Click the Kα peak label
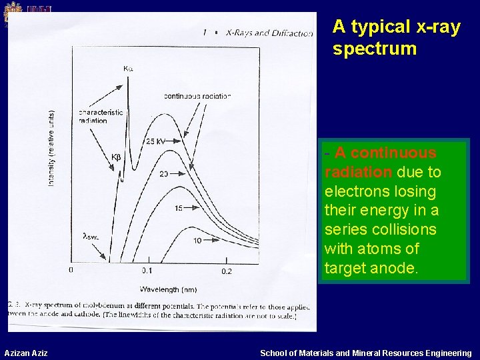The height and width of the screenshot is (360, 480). pyautogui.click(x=127, y=68)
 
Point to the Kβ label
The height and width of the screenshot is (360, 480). pyautogui.click(x=116, y=157)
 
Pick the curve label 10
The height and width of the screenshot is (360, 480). pyautogui.click(x=197, y=240)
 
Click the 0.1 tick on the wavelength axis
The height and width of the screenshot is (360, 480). pyautogui.click(x=147, y=271)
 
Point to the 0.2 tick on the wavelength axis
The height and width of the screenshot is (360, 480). pyautogui.click(x=226, y=271)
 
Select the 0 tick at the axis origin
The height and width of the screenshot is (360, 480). pyautogui.click(x=71, y=270)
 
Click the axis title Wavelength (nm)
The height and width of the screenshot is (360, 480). pyautogui.click(x=168, y=289)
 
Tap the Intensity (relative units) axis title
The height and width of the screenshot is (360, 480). pyautogui.click(x=52, y=148)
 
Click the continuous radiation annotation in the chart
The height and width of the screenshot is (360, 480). pyautogui.click(x=197, y=96)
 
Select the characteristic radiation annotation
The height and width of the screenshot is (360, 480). pyautogui.click(x=101, y=116)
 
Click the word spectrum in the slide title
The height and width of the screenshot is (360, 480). pyautogui.click(x=374, y=49)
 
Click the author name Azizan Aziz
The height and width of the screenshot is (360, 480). pyautogui.click(x=26, y=353)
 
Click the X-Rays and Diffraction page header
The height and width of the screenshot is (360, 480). pyautogui.click(x=269, y=32)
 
